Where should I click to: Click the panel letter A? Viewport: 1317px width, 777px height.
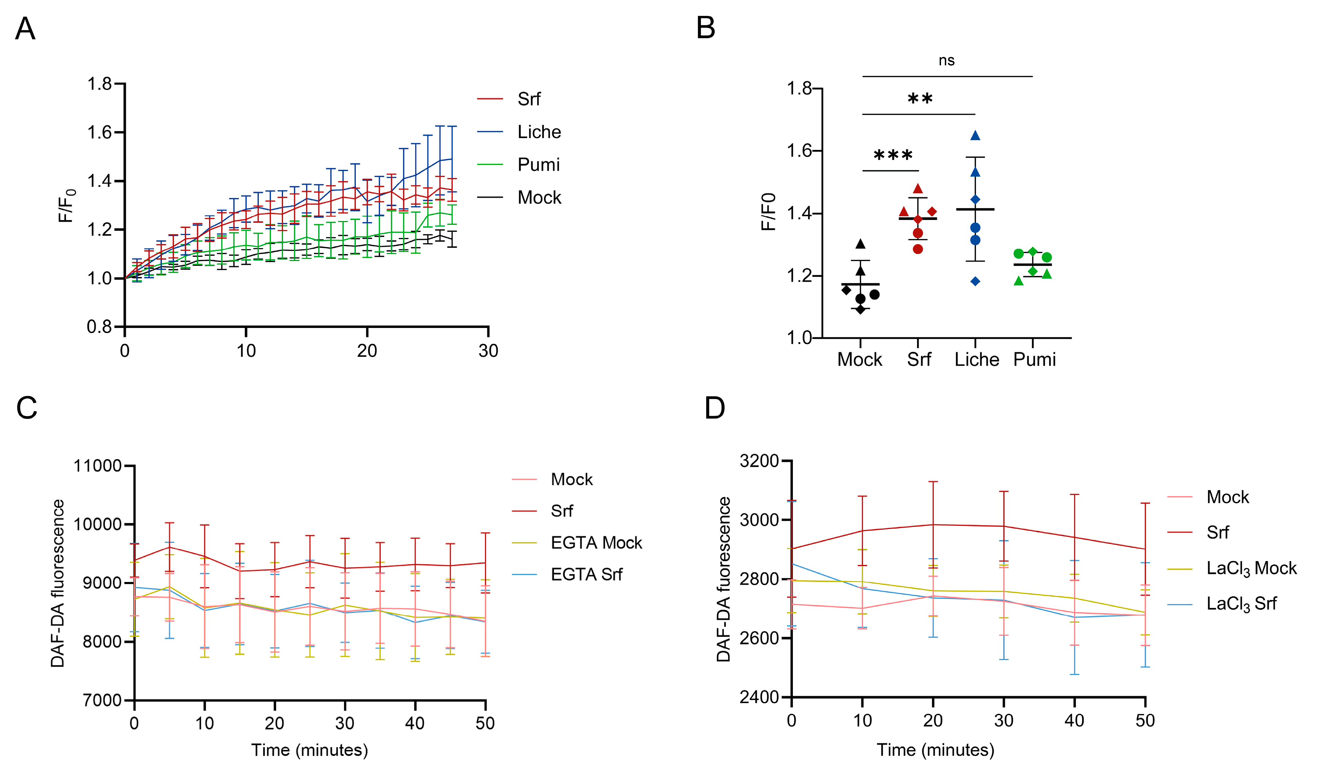coord(25,29)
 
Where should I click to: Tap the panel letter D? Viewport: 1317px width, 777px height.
coord(715,407)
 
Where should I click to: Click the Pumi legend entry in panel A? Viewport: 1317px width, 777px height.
coord(538,165)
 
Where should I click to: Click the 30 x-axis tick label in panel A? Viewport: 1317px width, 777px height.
coord(488,351)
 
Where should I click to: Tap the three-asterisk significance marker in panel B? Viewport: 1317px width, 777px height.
coord(893,155)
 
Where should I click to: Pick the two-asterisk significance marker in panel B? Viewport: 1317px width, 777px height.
coord(920,99)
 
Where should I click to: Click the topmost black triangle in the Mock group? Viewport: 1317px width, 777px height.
coord(860,244)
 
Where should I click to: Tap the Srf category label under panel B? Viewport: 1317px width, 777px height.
coord(919,360)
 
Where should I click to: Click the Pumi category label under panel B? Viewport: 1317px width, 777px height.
coord(1034,360)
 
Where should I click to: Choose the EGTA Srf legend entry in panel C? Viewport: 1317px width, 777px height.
coord(586,574)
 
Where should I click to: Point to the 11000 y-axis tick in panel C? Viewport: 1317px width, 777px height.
coord(97,465)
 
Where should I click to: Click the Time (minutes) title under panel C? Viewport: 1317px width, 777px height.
coord(309,750)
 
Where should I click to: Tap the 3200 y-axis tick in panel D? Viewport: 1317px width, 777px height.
coord(759,461)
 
